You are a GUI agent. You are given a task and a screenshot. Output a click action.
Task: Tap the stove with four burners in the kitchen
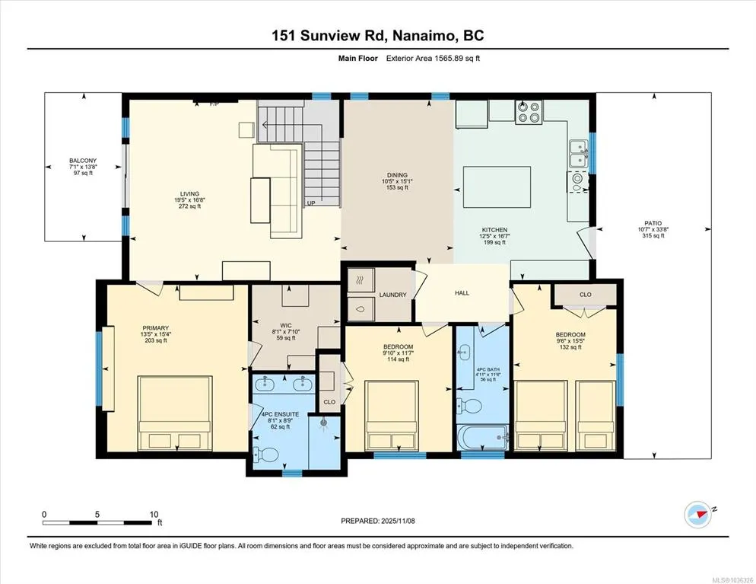click(529, 112)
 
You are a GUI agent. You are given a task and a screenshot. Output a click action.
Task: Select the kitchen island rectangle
click(497, 187)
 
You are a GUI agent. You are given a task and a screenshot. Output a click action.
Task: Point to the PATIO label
click(653, 223)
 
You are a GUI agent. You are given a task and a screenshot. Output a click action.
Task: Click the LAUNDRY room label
click(392, 295)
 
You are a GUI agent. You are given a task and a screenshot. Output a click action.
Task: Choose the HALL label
click(462, 293)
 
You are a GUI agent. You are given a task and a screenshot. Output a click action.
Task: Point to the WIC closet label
click(285, 326)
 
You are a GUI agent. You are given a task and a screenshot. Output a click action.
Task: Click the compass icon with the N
click(697, 515)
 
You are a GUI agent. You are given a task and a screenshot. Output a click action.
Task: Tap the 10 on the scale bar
click(154, 515)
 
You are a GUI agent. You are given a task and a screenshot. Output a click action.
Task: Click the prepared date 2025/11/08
click(398, 521)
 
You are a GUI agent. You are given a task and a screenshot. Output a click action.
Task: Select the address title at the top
click(378, 36)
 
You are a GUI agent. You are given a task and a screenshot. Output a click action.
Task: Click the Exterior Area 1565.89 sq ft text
click(433, 59)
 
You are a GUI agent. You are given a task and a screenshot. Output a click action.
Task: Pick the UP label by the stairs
click(311, 203)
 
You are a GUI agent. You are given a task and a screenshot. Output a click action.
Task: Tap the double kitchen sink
click(577, 154)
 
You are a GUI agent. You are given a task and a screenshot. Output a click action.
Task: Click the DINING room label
click(397, 175)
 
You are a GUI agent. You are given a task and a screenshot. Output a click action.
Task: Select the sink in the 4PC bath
click(464, 352)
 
